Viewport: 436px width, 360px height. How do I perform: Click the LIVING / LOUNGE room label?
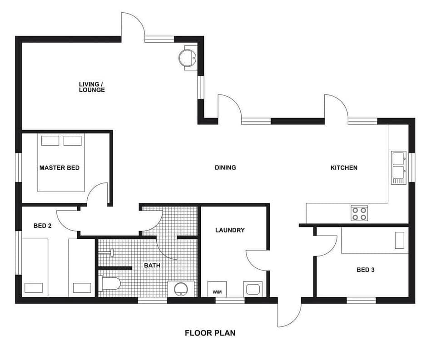92,87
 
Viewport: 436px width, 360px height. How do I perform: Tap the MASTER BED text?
59,168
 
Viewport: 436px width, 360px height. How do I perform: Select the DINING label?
225,168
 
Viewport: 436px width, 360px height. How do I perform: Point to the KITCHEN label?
343,168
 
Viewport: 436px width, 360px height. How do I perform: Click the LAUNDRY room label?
230,230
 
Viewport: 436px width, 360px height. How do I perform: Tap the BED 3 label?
365,270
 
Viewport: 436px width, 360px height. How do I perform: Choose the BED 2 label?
42,226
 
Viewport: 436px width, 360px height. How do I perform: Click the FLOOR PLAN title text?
210,333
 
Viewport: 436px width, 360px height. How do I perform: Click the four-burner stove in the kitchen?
359,213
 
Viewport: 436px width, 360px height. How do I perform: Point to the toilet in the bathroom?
109,284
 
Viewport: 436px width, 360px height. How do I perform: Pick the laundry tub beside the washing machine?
253,289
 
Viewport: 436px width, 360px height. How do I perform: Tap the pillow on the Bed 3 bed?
399,240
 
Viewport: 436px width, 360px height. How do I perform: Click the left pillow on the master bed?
50,141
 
